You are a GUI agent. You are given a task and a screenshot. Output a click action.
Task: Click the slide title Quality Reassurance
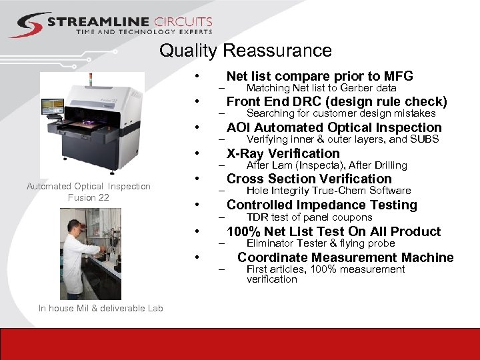click(245, 51)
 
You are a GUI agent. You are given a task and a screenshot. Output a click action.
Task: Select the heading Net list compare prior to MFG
click(319, 76)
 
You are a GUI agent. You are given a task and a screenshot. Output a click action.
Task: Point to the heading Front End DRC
click(336, 101)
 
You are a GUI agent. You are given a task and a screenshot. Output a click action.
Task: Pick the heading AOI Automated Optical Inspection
click(333, 127)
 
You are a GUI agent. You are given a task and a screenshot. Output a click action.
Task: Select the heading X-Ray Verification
click(283, 153)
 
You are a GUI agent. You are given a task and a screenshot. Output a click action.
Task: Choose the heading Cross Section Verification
click(309, 179)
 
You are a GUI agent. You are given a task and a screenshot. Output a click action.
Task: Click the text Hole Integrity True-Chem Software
click(328, 191)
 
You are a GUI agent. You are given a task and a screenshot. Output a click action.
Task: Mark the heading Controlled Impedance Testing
click(321, 205)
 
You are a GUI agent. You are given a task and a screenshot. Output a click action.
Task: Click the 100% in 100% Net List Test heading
click(243, 231)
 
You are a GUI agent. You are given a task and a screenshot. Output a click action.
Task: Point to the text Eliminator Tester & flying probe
click(320, 243)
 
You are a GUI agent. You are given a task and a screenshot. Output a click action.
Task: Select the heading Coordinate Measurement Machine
click(345, 257)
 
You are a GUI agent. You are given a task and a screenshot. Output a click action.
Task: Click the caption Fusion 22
click(89, 197)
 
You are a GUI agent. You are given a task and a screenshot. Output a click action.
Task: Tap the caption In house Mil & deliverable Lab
click(100, 308)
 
